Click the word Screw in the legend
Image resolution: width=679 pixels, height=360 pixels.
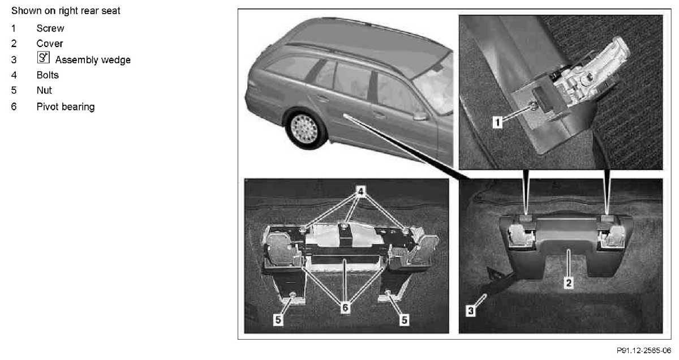coord(50,28)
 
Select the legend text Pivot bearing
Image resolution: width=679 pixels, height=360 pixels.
coord(66,107)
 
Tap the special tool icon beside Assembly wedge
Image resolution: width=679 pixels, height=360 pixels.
coord(44,57)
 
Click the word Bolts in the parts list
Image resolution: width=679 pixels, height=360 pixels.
coord(48,75)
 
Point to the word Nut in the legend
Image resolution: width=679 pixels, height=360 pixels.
coord(44,91)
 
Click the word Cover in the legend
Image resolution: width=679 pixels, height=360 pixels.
coord(50,44)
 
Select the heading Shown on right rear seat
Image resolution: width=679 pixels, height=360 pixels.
coord(66,11)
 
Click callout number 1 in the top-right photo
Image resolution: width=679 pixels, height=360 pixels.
coord(497,122)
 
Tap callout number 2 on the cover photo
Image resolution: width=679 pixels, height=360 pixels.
coord(569,283)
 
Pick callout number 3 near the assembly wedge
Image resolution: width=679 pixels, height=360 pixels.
coord(471,311)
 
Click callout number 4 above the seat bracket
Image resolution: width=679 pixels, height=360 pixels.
coord(360,191)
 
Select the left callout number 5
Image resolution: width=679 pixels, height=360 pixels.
coord(278,320)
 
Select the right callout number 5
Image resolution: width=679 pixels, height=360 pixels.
coord(404,320)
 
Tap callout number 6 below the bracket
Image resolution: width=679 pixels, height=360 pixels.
coord(345,307)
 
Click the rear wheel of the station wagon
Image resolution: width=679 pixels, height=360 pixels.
coord(305,129)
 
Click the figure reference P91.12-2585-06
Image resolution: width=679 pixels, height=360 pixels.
coord(644,350)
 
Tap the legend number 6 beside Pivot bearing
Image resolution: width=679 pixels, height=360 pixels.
coord(14,107)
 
